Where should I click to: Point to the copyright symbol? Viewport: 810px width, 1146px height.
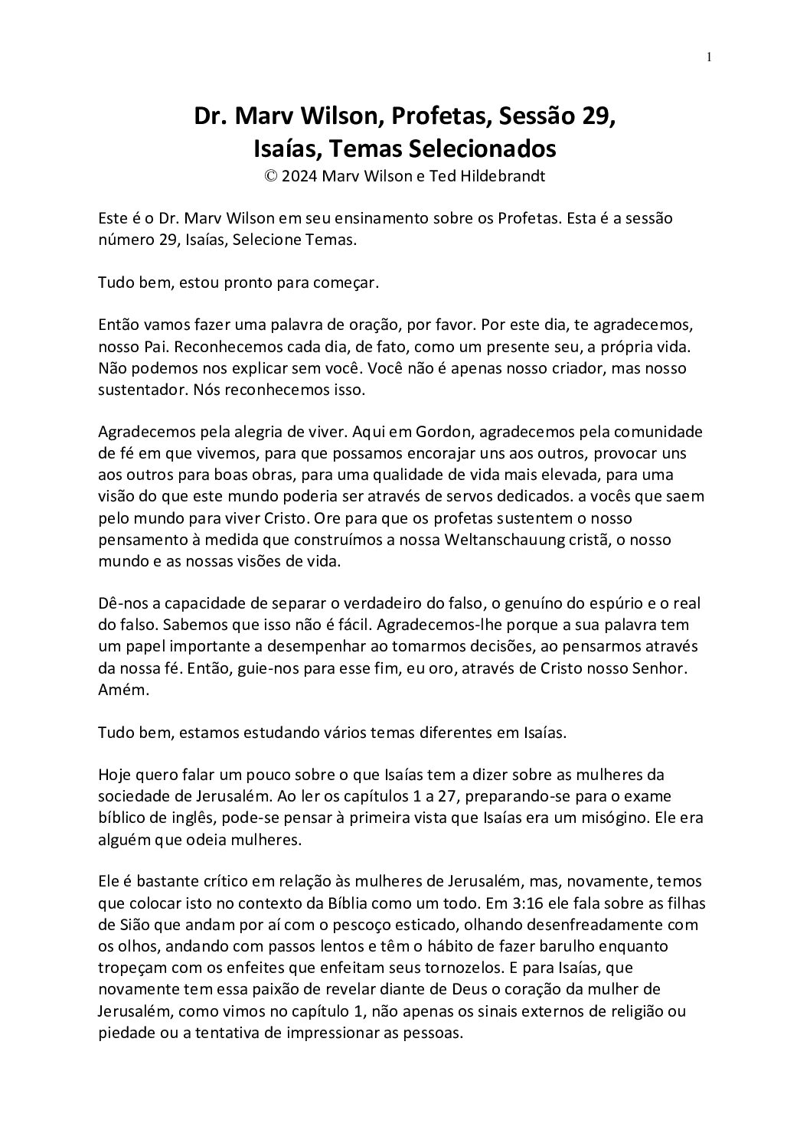[270, 175]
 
